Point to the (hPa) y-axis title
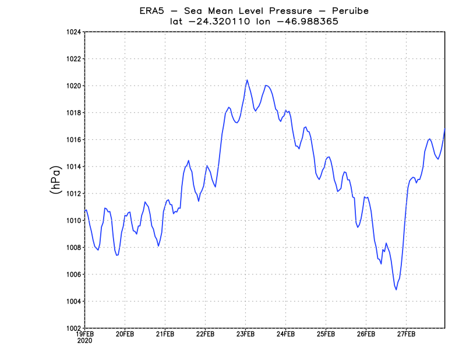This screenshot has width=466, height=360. [x=56, y=180]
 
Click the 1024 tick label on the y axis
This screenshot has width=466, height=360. [x=73, y=32]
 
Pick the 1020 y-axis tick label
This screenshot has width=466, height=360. [x=73, y=86]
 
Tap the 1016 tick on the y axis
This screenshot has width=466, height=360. [x=73, y=140]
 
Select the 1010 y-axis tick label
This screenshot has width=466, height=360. [x=73, y=221]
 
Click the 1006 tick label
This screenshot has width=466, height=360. [x=73, y=274]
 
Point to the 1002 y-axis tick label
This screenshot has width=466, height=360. [x=73, y=328]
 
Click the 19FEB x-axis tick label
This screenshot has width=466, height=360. [x=85, y=334]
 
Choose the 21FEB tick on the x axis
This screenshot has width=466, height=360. [x=165, y=334]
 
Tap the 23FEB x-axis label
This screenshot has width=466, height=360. [x=245, y=334]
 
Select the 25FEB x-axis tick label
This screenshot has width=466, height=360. [x=326, y=334]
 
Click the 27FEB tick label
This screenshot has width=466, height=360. [x=406, y=334]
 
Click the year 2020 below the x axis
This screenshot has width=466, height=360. [x=85, y=341]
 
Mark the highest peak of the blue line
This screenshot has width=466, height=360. [x=247, y=80]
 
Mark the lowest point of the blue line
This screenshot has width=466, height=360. [x=396, y=290]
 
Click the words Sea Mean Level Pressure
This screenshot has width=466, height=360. [x=245, y=11]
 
